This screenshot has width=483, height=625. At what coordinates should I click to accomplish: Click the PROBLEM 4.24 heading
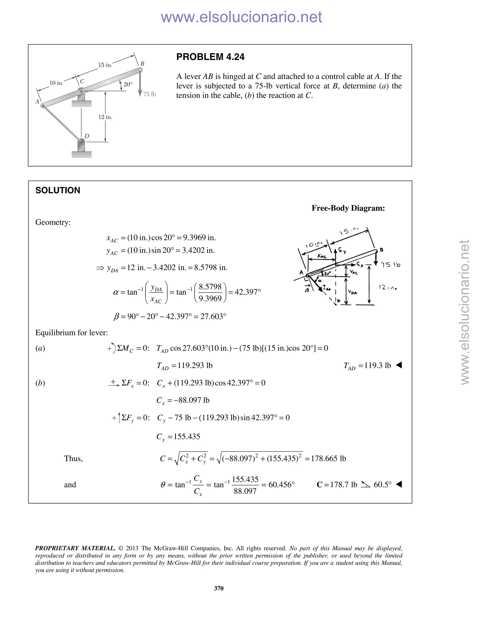coord(210,57)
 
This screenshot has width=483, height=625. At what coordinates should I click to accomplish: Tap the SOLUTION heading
coord(58,190)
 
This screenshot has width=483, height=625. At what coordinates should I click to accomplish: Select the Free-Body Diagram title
coord(348,208)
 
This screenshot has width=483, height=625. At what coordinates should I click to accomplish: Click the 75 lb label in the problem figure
coord(149,94)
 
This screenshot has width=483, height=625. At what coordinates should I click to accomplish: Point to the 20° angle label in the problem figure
coord(128,84)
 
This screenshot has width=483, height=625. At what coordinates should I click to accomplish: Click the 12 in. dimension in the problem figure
coord(105,117)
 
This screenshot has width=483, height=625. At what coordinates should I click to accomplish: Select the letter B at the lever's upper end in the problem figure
coord(142,63)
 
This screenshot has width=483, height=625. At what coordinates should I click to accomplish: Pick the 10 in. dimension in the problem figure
coord(56,83)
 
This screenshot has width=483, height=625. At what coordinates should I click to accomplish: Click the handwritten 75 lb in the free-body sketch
coord(390,265)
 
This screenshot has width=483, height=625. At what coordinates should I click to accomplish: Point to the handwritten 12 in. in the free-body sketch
coord(388,287)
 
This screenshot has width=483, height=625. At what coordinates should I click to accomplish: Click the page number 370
coord(219,588)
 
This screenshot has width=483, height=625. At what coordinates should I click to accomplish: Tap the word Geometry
coord(53,222)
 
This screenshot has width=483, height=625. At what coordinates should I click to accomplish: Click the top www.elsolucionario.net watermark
coord(241,17)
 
